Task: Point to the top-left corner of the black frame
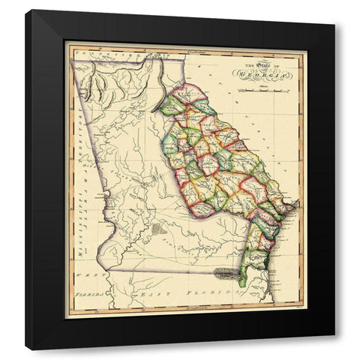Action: (x=26, y=10)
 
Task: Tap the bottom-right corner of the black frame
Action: (x=334, y=349)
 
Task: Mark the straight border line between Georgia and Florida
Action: (x=180, y=268)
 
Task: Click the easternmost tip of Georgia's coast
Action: (x=298, y=203)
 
